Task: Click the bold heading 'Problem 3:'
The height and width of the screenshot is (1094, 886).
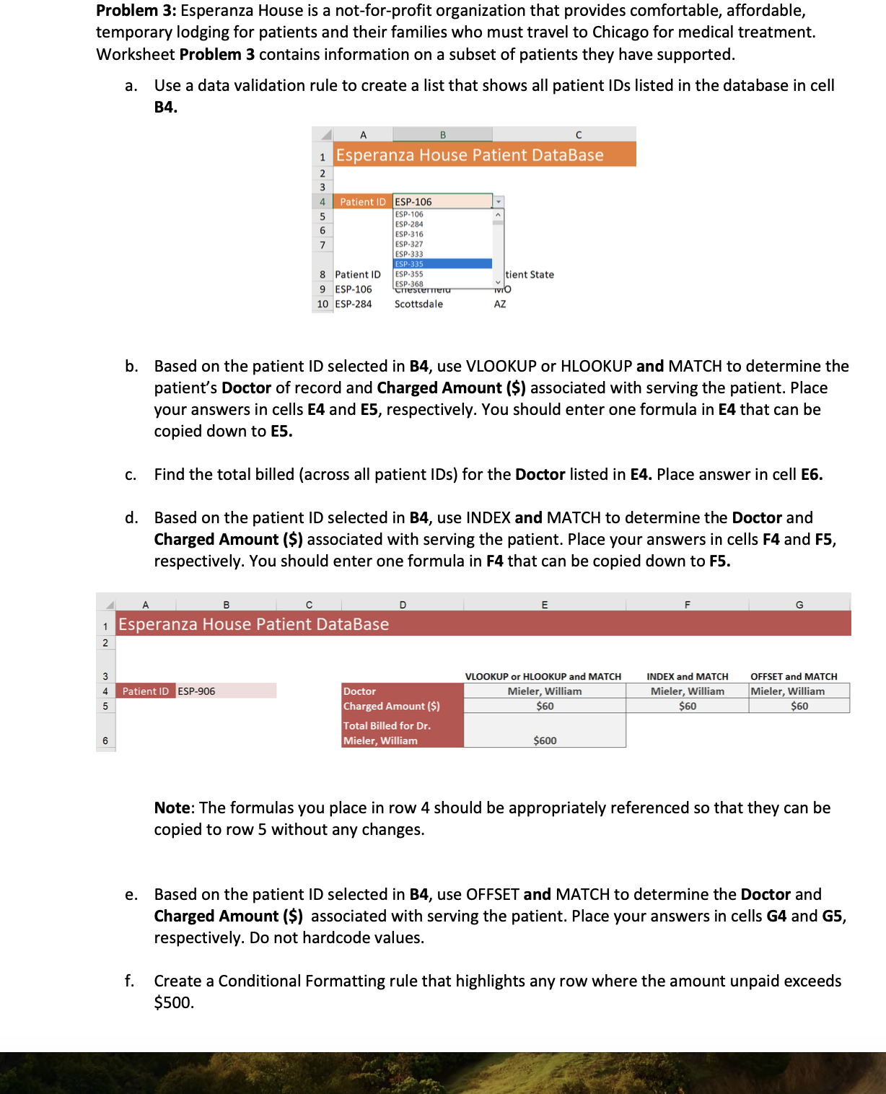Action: pyautogui.click(x=136, y=11)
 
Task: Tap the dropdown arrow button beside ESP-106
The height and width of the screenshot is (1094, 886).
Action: pyautogui.click(x=498, y=202)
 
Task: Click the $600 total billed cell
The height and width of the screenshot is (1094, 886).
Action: pyautogui.click(x=545, y=740)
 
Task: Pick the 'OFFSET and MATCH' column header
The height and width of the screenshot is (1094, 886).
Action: pyautogui.click(x=794, y=677)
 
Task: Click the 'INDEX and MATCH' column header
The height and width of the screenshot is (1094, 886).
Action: pyautogui.click(x=687, y=677)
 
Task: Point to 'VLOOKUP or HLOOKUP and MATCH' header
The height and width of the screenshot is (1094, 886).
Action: pyautogui.click(x=543, y=677)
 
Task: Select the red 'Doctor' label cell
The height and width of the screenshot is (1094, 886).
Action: pyautogui.click(x=360, y=691)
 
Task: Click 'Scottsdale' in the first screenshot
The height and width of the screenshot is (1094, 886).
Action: pyautogui.click(x=418, y=305)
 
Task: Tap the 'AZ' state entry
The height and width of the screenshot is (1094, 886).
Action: pyautogui.click(x=500, y=305)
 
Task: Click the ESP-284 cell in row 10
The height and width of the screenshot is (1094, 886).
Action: pyautogui.click(x=354, y=305)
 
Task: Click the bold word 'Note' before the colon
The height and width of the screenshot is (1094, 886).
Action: pyautogui.click(x=172, y=808)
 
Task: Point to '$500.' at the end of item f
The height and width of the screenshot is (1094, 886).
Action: pyautogui.click(x=174, y=1003)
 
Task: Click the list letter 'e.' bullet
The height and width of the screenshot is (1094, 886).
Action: pyautogui.click(x=131, y=895)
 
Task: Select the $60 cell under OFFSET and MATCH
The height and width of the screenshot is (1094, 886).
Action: pyautogui.click(x=799, y=706)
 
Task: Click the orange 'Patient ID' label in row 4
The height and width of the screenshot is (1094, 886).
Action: pyautogui.click(x=362, y=202)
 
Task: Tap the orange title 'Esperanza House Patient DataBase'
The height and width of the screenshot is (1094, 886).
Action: pyautogui.click(x=470, y=155)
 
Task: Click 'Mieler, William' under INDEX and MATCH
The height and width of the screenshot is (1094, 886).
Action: pyautogui.click(x=687, y=691)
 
